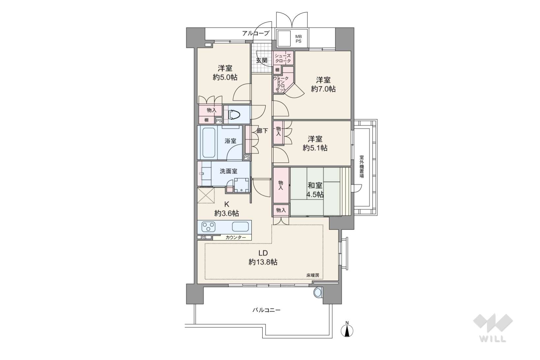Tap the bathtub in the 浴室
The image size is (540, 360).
[207, 142]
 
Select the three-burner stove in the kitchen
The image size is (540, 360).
[209, 227]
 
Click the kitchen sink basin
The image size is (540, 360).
[240, 227]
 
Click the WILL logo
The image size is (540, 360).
[493, 327]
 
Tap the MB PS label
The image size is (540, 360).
[298, 39]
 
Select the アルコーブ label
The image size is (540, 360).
[255, 33]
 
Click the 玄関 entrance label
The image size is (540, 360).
[262, 60]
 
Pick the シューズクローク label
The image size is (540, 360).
[283, 58]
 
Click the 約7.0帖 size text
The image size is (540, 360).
[323, 89]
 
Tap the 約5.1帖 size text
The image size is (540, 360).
[315, 148]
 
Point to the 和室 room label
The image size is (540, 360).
[315, 185]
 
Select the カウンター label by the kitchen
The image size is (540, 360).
[236, 237]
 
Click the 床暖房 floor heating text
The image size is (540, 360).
[313, 275]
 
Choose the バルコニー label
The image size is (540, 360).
[267, 310]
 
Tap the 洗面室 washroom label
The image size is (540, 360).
[228, 171]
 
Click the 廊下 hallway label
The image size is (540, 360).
[262, 131]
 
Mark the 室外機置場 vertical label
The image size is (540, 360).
[362, 167]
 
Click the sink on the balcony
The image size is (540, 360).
[318, 292]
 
